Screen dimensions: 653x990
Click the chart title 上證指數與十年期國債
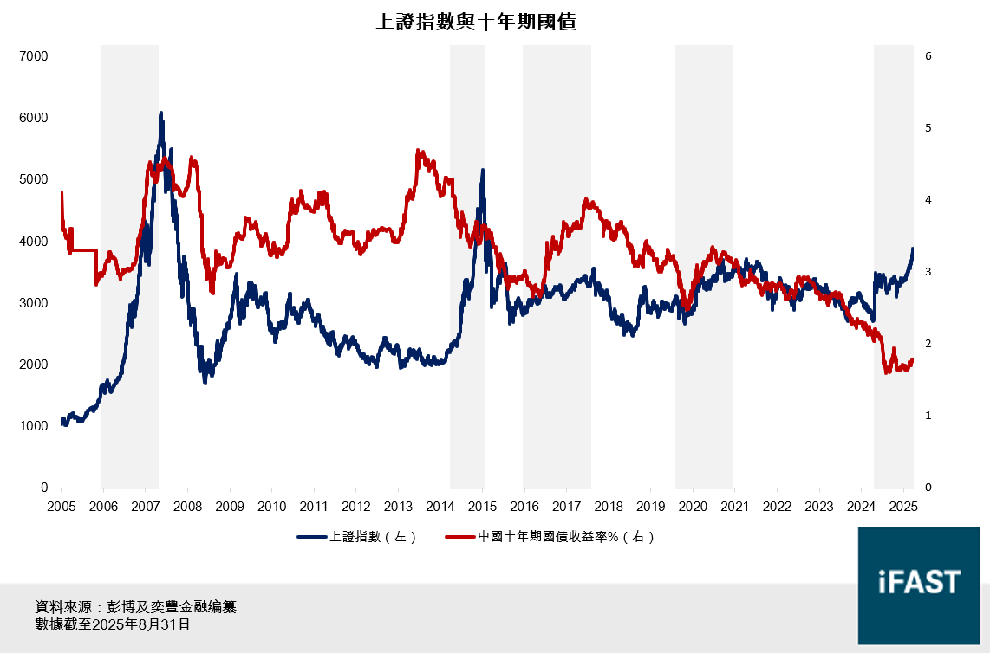pos(476,23)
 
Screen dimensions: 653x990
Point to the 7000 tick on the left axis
pos(34,56)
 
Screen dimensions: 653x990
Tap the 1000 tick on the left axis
pos(34,426)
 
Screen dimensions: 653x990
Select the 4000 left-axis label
pos(34,241)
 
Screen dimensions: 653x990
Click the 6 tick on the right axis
pos(928,56)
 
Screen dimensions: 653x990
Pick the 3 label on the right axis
pos(928,272)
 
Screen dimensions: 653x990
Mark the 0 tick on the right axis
pos(928,488)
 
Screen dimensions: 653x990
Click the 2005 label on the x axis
pos(62,506)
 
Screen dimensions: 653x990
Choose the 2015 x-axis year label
pos(483,506)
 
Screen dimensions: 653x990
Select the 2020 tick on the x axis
pos(693,506)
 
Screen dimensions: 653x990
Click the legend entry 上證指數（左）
pos(357,537)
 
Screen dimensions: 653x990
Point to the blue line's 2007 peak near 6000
pos(161,113)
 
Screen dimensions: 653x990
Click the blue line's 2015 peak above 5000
pos(482,171)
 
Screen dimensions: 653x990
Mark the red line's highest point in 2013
pos(418,151)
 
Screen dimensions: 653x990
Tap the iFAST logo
pos(919,582)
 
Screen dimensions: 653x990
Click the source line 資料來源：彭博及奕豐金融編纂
pos(135,607)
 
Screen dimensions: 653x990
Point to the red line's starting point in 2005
pos(62,192)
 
